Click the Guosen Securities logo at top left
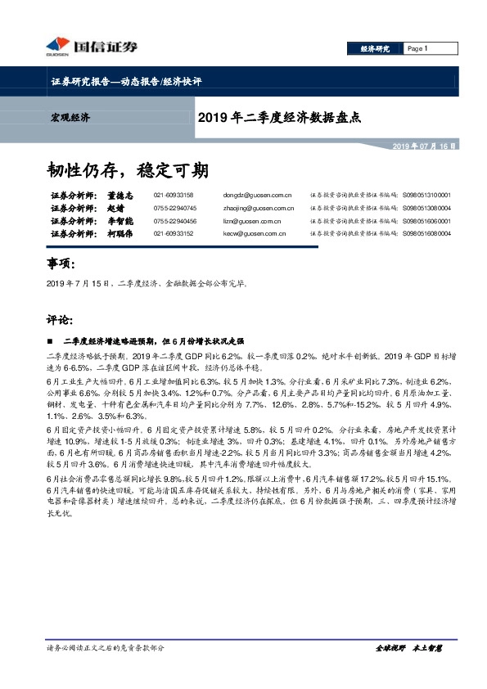pyautogui.click(x=76, y=47)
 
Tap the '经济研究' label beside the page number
pyautogui.click(x=375, y=48)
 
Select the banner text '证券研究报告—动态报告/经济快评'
pyautogui.click(x=120, y=83)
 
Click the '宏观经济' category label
pyautogui.click(x=65, y=118)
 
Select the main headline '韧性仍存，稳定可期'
pyautogui.click(x=128, y=170)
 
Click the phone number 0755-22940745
pyautogui.click(x=174, y=209)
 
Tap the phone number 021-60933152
pyautogui.click(x=173, y=234)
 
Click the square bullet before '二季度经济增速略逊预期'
pyautogui.click(x=51, y=340)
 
